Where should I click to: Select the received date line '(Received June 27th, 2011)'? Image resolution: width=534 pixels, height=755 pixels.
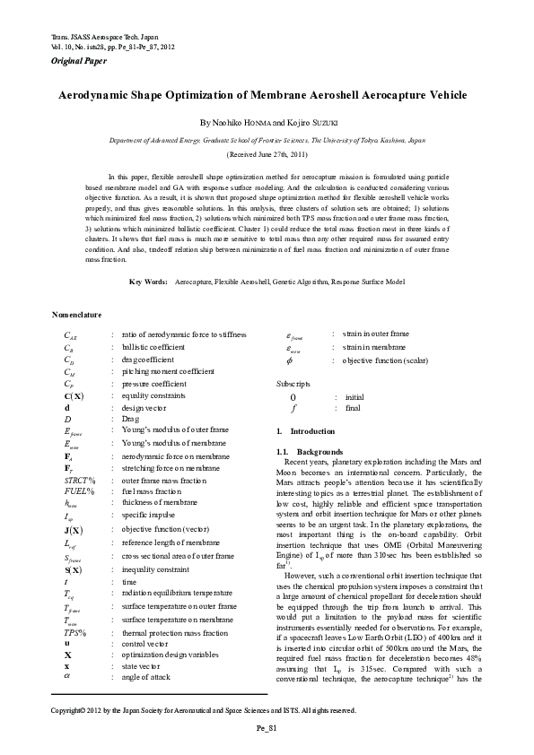(267, 154)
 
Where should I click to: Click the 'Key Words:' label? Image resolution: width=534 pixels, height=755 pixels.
(148, 282)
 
